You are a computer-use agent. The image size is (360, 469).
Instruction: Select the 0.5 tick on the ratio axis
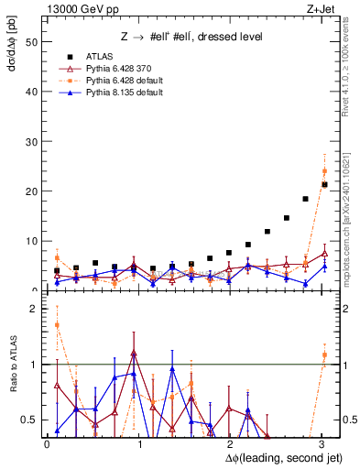(32, 420)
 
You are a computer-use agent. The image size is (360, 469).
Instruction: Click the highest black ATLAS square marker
(324, 185)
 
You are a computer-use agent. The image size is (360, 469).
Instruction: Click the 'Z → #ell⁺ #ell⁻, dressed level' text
(191, 37)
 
